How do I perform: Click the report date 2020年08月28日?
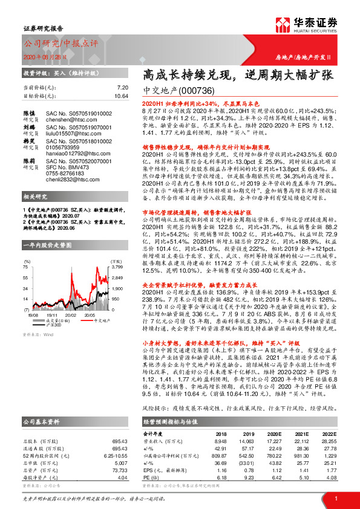[x=44, y=56]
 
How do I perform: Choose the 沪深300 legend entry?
[x=53, y=325]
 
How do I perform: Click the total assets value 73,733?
[x=120, y=469]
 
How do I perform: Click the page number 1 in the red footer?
[x=335, y=496]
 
